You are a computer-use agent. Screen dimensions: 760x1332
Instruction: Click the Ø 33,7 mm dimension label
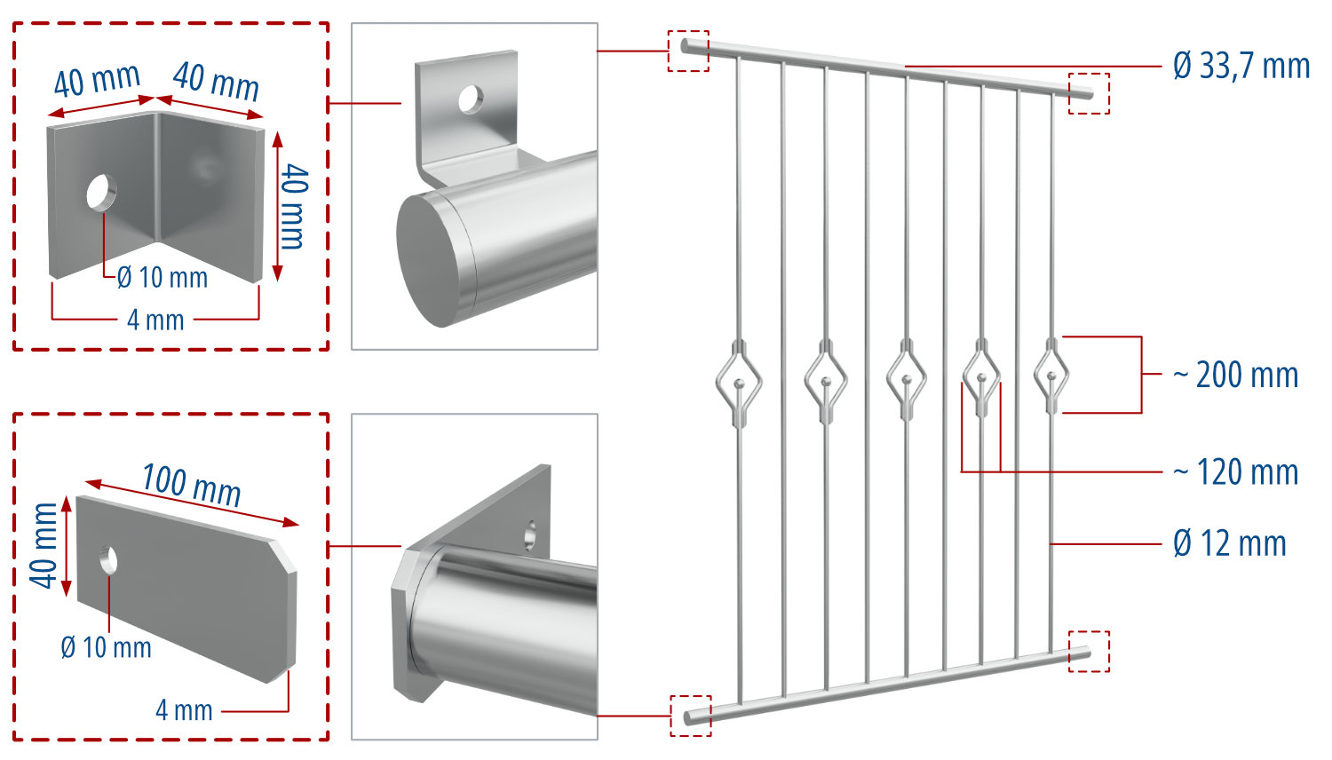coord(1241,66)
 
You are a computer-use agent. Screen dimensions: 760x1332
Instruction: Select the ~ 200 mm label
coord(1235,375)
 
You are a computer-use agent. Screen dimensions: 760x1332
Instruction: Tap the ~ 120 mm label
coord(1235,471)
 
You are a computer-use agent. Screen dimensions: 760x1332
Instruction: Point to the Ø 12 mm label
coord(1229,542)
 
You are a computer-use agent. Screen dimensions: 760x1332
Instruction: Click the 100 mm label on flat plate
coord(191,485)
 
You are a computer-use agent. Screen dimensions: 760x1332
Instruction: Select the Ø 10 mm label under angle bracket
coord(163,278)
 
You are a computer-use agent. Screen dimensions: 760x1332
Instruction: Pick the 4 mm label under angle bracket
coord(155,320)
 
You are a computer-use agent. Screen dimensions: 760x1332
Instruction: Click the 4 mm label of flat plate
coord(184,710)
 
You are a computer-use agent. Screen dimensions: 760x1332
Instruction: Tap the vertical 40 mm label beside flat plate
coord(44,545)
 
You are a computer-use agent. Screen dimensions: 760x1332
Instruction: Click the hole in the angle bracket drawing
coord(100,192)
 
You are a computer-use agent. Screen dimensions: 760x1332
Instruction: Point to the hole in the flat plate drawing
coord(108,559)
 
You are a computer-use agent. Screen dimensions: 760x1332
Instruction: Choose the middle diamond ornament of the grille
coord(907,380)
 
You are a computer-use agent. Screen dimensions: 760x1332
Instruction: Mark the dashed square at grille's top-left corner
coord(688,51)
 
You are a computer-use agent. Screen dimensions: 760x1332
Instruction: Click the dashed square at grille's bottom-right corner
coord(1089,651)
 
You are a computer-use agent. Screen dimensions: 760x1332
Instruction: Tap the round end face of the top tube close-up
coord(437,259)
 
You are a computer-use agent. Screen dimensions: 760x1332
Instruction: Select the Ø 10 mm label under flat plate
coord(106,647)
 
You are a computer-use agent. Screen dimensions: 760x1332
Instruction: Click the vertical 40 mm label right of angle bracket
coord(293,206)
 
